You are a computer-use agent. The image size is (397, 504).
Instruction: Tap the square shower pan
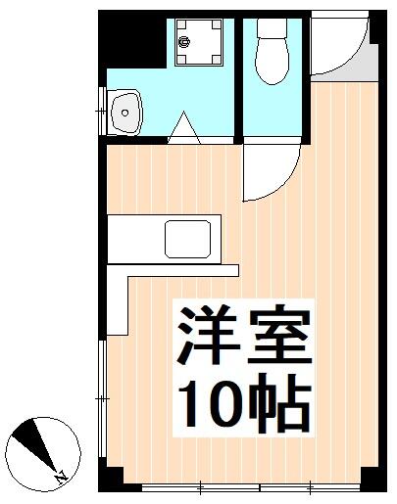[x=199, y=43]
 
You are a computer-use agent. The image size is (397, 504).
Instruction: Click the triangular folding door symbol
[x=183, y=128]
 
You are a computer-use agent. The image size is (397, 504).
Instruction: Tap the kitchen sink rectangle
[x=190, y=239]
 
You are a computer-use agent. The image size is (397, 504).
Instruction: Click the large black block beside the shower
[x=134, y=39]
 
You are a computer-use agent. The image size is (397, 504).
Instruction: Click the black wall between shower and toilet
[x=236, y=73]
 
